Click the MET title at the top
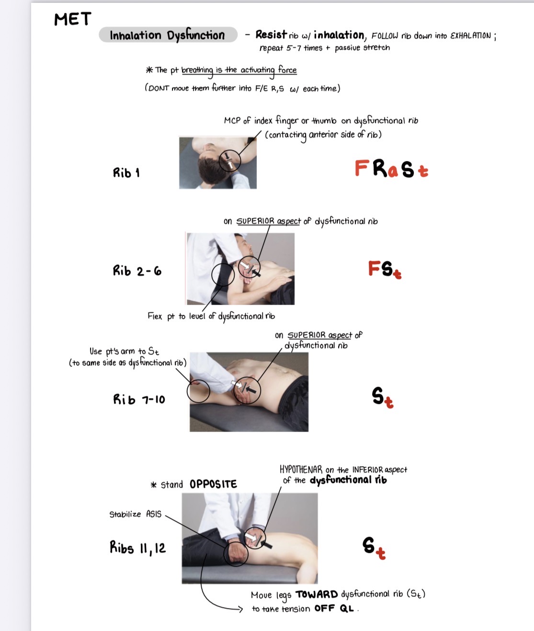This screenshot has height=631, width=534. tap(72, 20)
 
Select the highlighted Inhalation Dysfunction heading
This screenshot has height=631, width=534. tap(168, 35)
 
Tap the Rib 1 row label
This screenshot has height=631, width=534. tap(126, 172)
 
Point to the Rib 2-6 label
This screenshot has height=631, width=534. tap(137, 271)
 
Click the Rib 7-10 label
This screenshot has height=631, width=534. tap(139, 399)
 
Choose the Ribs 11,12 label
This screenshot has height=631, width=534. tap(137, 548)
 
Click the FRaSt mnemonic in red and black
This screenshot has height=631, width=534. tap(391, 169)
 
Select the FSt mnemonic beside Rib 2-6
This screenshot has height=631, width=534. tap(385, 269)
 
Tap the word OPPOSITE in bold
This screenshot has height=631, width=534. tap(213, 484)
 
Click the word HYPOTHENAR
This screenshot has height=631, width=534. tap(301, 470)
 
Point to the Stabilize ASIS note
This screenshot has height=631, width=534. tap(136, 514)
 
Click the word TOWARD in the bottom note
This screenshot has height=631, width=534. tap(317, 595)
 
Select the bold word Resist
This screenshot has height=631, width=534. tap(271, 34)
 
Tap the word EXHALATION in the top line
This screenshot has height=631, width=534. tap(471, 36)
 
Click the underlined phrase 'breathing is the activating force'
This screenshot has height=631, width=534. tap(239, 70)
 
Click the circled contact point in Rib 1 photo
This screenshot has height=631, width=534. tap(229, 161)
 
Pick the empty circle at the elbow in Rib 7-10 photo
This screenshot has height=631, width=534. tap(198, 390)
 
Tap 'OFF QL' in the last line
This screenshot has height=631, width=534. tap(334, 608)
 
